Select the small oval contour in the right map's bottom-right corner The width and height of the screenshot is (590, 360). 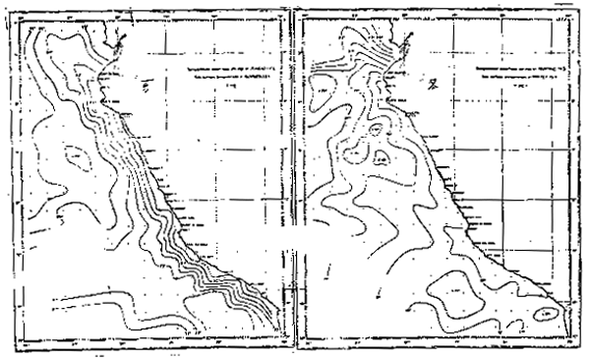pos(549,315)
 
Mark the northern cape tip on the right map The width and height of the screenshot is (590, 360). pos(406,36)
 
